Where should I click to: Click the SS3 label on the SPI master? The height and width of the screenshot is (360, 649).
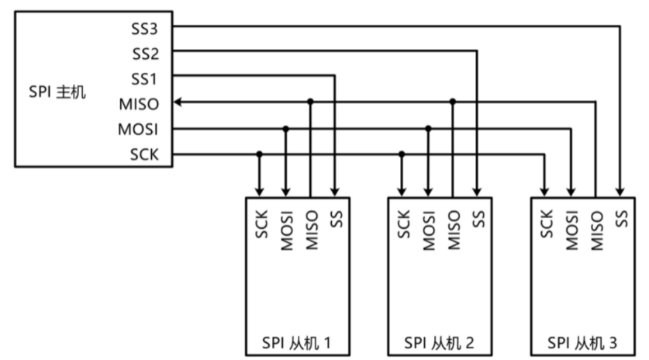(144, 28)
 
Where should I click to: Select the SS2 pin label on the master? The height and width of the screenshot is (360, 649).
(144, 54)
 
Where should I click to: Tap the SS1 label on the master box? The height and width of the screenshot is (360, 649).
(144, 78)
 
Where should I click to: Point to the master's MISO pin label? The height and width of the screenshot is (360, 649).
(140, 103)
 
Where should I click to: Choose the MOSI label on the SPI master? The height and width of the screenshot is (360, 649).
(140, 129)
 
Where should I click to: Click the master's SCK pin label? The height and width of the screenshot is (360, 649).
(145, 154)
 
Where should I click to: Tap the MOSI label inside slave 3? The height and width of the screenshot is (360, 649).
(571, 230)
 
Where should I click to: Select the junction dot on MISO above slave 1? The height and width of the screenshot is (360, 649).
(310, 102)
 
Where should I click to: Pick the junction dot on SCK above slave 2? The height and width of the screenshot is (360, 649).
(402, 154)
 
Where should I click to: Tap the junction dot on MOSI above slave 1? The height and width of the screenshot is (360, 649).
(286, 128)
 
